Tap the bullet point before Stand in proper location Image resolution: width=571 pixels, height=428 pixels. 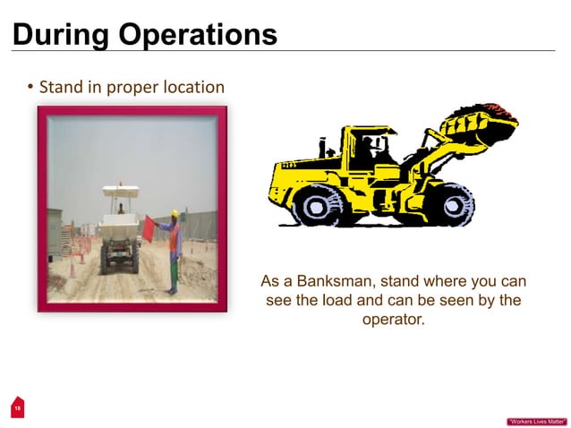(x=30, y=88)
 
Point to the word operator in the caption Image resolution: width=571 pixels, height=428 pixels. (x=392, y=319)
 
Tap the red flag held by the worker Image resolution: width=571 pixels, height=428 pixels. (x=149, y=227)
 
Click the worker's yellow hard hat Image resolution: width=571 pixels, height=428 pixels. (x=175, y=214)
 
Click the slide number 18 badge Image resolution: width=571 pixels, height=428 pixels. (x=16, y=407)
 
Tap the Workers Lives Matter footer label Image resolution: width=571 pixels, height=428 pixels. (x=536, y=421)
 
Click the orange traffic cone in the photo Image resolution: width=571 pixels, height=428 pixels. (x=72, y=269)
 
